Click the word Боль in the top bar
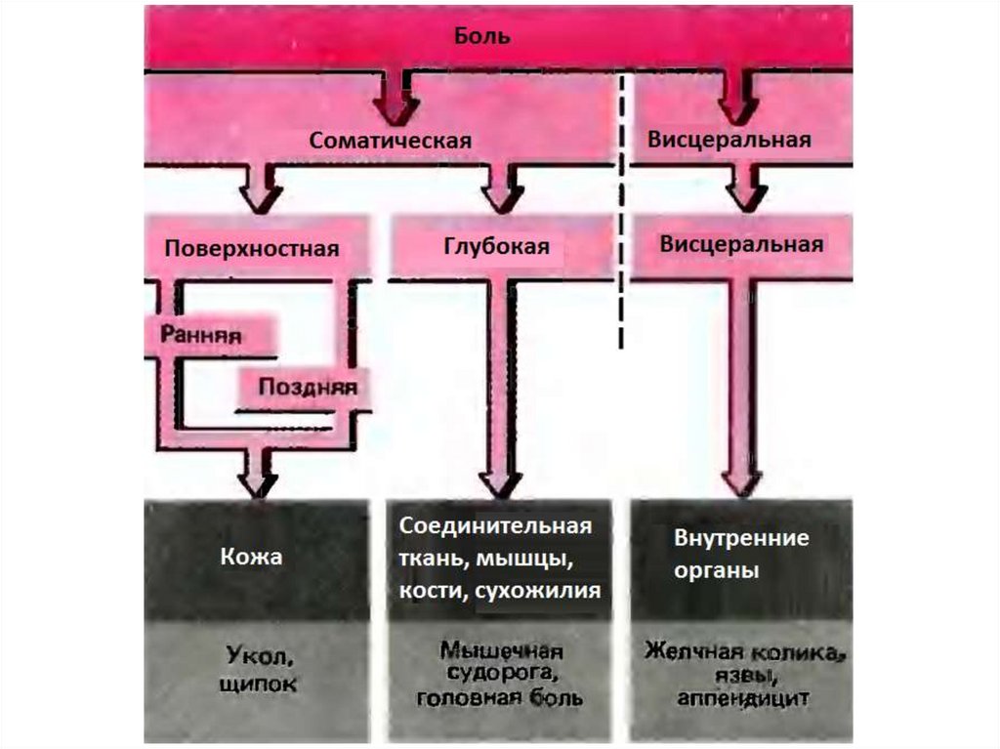point(481,37)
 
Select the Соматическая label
point(390,141)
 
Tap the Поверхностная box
point(251,248)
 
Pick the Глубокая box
point(497,247)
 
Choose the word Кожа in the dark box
point(251,557)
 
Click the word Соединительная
point(495,526)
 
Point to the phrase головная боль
point(500,698)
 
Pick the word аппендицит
point(742,699)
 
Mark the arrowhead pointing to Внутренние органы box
point(741,480)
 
